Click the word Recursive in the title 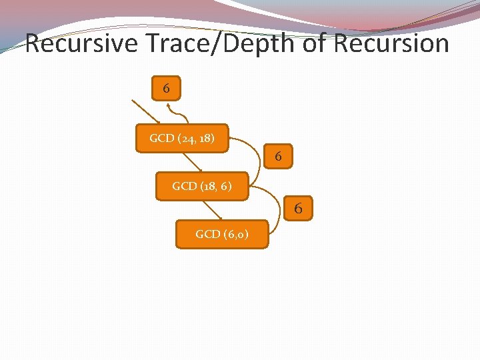(81, 44)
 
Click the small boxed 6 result (166, 87)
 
